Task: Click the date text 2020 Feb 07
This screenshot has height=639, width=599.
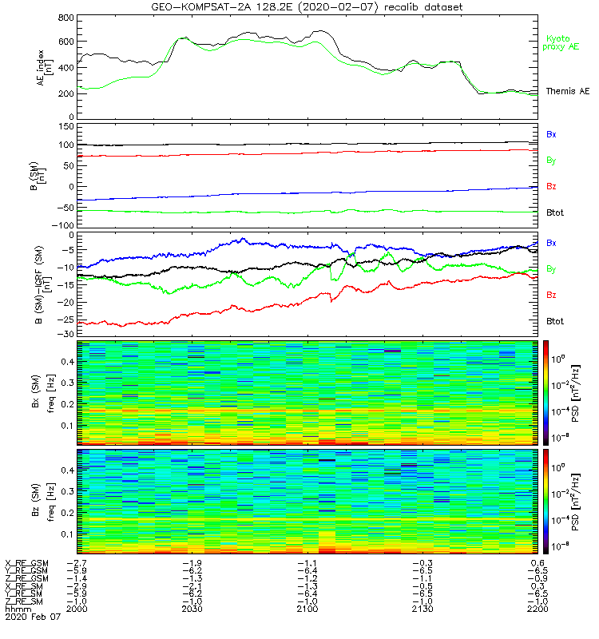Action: [33, 617]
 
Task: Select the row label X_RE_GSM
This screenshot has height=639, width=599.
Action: [27, 563]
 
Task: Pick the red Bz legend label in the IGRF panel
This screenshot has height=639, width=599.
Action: [551, 295]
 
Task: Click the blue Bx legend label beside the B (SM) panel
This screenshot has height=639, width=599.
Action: [551, 134]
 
